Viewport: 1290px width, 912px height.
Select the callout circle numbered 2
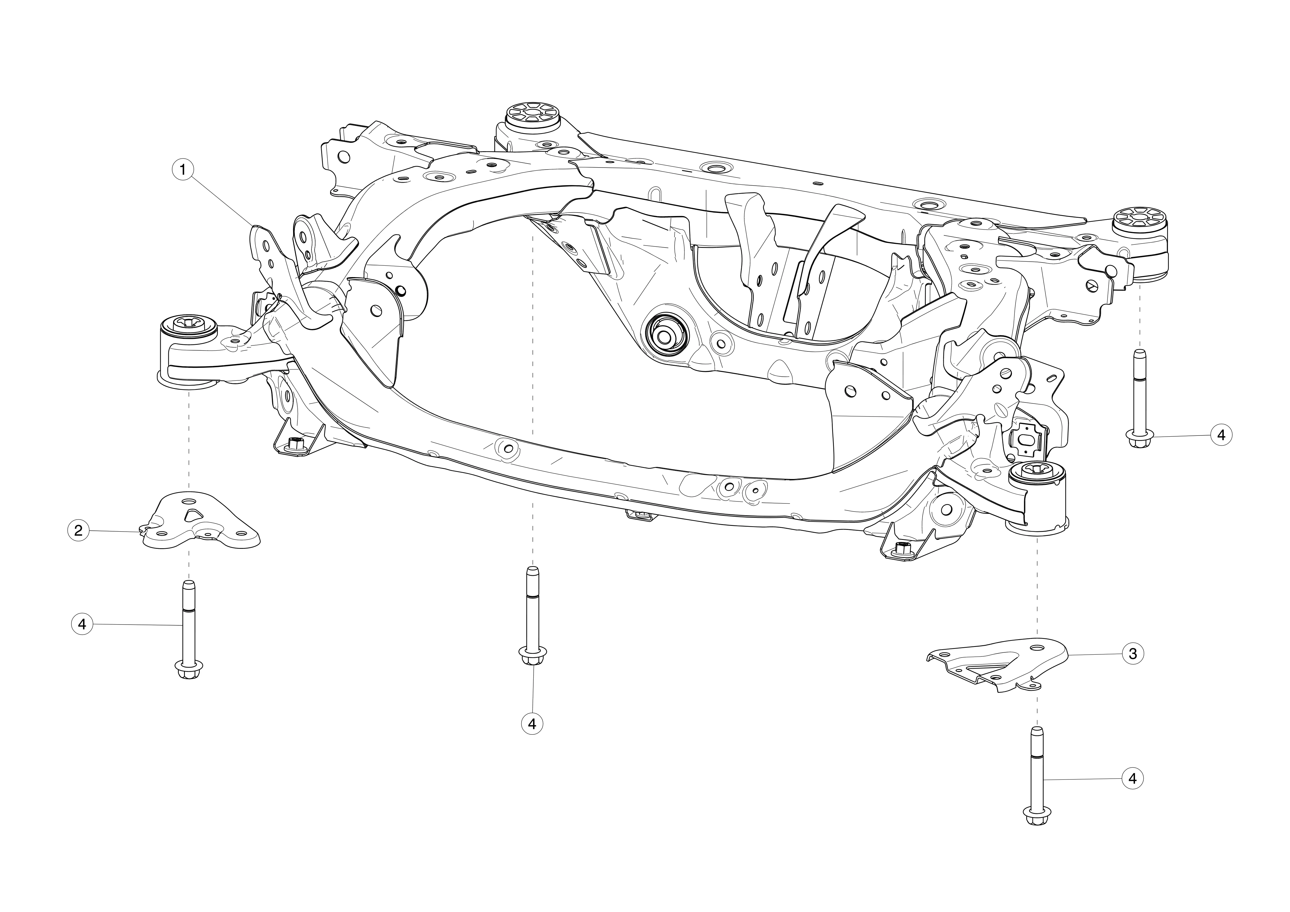[78, 530]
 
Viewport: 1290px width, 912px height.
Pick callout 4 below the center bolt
[532, 724]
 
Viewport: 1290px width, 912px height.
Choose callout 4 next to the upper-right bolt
[1221, 435]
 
